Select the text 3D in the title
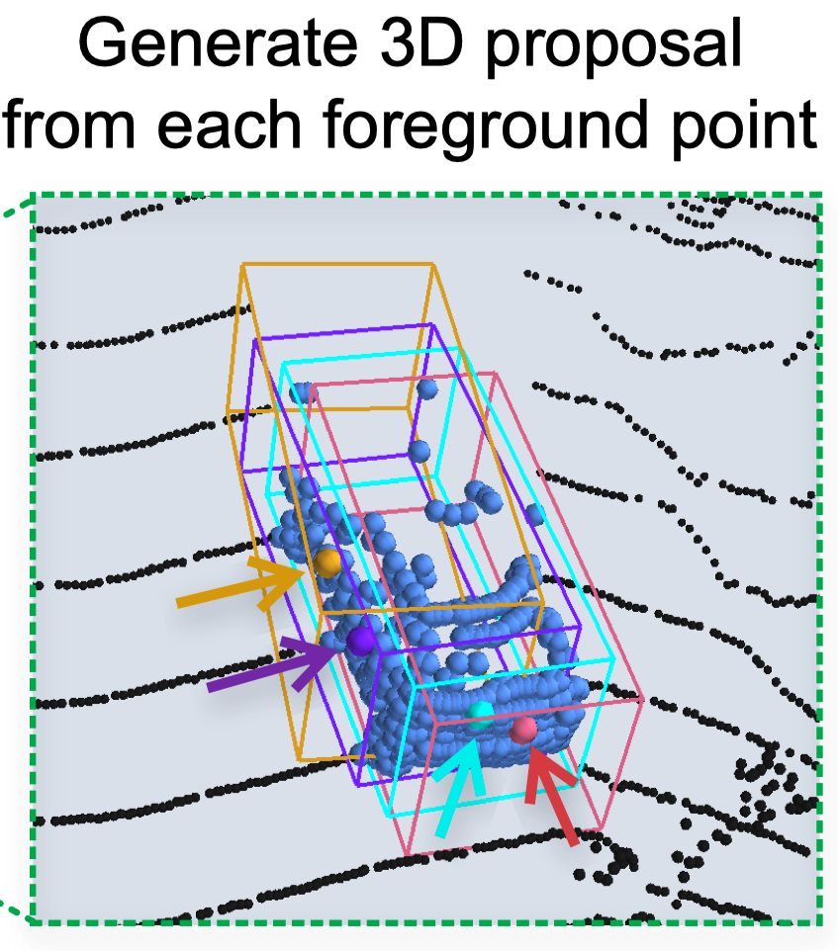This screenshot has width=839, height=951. [421, 43]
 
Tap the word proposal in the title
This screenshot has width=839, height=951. [613, 48]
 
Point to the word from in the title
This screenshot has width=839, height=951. [68, 125]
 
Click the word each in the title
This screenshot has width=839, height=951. [229, 125]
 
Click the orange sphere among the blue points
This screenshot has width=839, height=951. [327, 562]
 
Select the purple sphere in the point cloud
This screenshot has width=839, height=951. [362, 641]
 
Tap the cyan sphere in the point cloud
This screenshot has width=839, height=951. [481, 715]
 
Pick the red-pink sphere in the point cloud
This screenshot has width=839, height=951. [523, 730]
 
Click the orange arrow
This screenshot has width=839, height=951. [239, 584]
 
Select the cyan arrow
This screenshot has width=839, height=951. [460, 788]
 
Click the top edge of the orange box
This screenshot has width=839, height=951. [337, 263]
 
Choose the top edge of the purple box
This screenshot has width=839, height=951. [343, 332]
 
